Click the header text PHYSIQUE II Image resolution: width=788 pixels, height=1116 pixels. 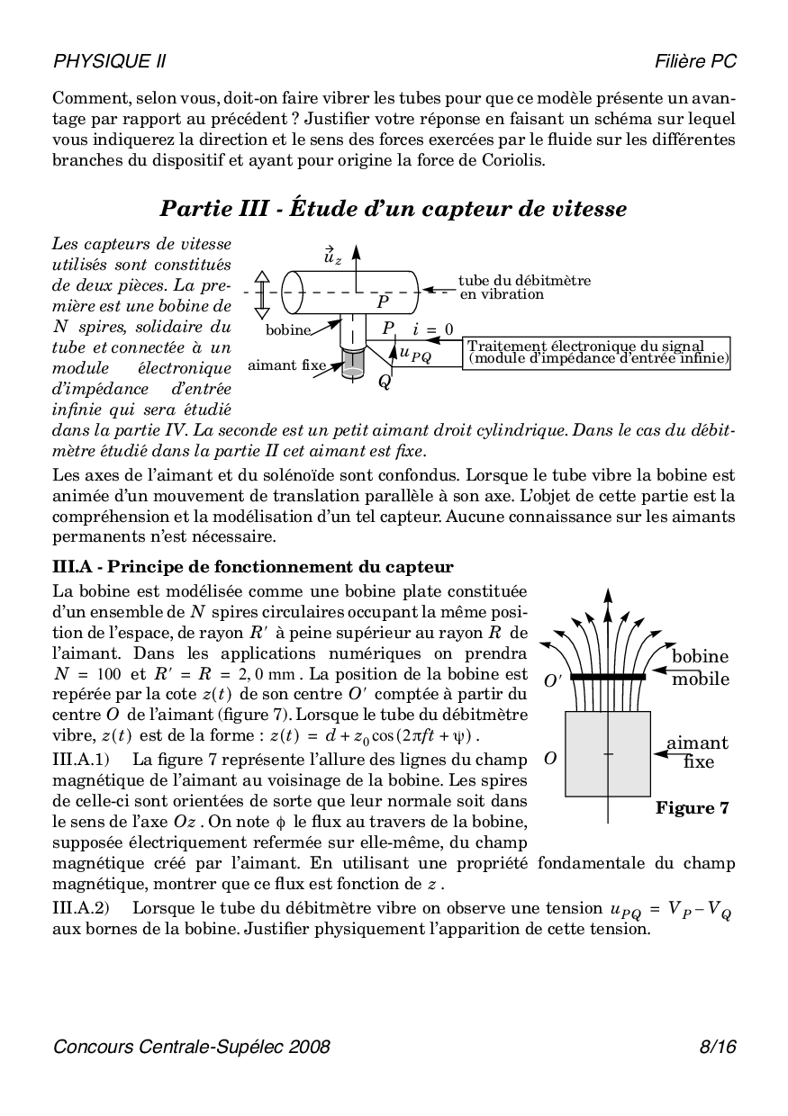tap(109, 61)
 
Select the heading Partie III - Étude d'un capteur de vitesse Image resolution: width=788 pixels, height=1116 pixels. tap(394, 209)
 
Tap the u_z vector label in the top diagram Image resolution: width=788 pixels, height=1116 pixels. tap(332, 256)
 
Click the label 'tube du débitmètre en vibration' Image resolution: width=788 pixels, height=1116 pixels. tap(524, 287)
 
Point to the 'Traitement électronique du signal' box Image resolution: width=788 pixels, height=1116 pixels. tap(598, 352)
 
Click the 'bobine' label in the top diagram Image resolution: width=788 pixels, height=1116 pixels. tap(287, 330)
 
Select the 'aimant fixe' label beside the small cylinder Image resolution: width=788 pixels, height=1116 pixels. tap(286, 365)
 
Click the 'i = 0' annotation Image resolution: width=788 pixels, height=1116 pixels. tap(432, 329)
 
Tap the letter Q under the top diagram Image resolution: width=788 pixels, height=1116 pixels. tap(385, 382)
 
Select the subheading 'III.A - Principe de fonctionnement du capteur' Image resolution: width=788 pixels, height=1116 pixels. tap(253, 567)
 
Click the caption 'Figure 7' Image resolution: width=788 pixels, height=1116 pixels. tap(692, 807)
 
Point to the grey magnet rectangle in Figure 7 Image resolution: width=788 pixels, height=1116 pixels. tap(608, 754)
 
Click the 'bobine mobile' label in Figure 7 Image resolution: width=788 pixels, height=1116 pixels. tap(700, 668)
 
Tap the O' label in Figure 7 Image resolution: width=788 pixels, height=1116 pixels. tap(552, 681)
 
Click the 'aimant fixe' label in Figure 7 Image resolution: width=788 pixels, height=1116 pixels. tap(697, 752)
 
